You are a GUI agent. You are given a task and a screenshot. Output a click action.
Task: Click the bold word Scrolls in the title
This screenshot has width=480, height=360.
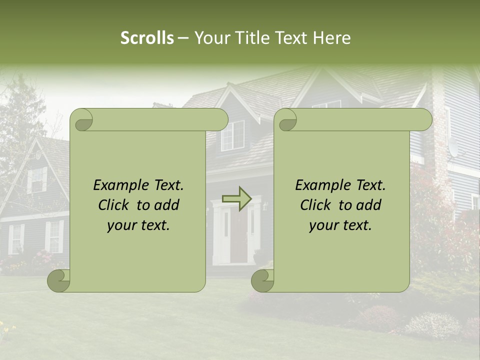147,38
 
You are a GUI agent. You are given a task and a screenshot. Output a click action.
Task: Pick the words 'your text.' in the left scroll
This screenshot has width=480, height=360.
138,225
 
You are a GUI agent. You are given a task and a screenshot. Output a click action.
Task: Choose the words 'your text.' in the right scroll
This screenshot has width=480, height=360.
340,225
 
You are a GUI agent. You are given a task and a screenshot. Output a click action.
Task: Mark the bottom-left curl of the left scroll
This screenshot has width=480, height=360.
58,280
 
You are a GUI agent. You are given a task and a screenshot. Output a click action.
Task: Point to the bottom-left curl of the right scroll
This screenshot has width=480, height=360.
262,280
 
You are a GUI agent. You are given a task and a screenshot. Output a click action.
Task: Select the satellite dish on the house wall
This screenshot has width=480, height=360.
453,147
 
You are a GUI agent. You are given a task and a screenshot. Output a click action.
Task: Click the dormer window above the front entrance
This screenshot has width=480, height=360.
232,135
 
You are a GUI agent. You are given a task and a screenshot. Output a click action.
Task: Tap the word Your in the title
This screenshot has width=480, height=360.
210,38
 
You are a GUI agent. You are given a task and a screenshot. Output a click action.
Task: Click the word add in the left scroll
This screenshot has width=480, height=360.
167,205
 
